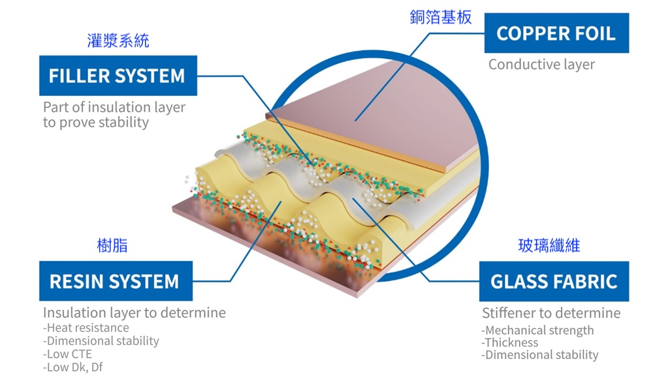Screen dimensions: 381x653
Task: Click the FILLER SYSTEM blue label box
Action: pyautogui.click(x=117, y=76)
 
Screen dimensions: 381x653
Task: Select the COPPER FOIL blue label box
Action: pyautogui.click(x=556, y=33)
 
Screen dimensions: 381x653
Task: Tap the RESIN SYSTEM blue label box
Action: pyautogui.click(x=115, y=281)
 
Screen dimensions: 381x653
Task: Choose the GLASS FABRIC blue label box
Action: pyautogui.click(x=554, y=281)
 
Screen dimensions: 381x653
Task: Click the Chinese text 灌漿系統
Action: pyautogui.click(x=118, y=41)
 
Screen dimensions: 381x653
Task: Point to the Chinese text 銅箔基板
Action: pyautogui.click(x=441, y=18)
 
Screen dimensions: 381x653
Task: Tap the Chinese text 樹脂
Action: pyautogui.click(x=112, y=246)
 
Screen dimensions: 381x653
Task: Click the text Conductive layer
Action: pyautogui.click(x=541, y=65)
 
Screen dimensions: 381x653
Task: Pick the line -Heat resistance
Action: pyautogui.click(x=86, y=328)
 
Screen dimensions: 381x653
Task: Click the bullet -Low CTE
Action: pyautogui.click(x=68, y=354)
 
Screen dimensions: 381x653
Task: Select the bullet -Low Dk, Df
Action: pyautogui.click(x=73, y=367)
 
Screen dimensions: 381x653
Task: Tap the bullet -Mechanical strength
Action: pyautogui.click(x=538, y=330)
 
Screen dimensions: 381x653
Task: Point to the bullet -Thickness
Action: pyautogui.click(x=510, y=343)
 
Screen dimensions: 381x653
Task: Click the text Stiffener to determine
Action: pyautogui.click(x=550, y=313)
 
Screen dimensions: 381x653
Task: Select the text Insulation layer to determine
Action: pyautogui.click(x=135, y=312)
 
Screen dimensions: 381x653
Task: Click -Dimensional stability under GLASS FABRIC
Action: pyautogui.click(x=540, y=355)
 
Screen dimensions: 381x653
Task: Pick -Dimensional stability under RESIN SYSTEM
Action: pyautogui.click(x=101, y=341)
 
